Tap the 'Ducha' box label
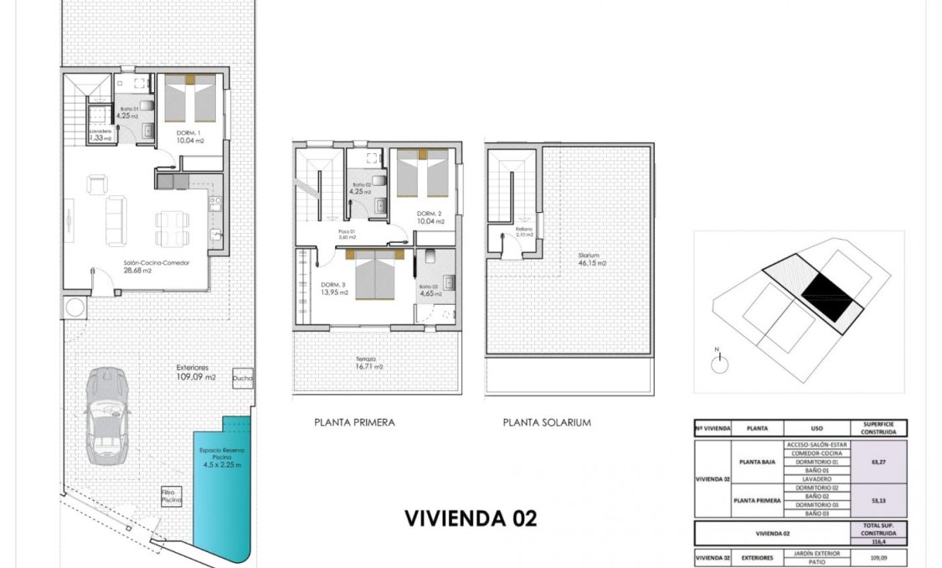[243, 377]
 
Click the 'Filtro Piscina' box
[171, 496]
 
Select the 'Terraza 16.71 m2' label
[367, 362]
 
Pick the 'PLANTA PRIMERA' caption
[354, 423]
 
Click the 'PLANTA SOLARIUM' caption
[547, 423]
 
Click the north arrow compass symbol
[718, 364]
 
